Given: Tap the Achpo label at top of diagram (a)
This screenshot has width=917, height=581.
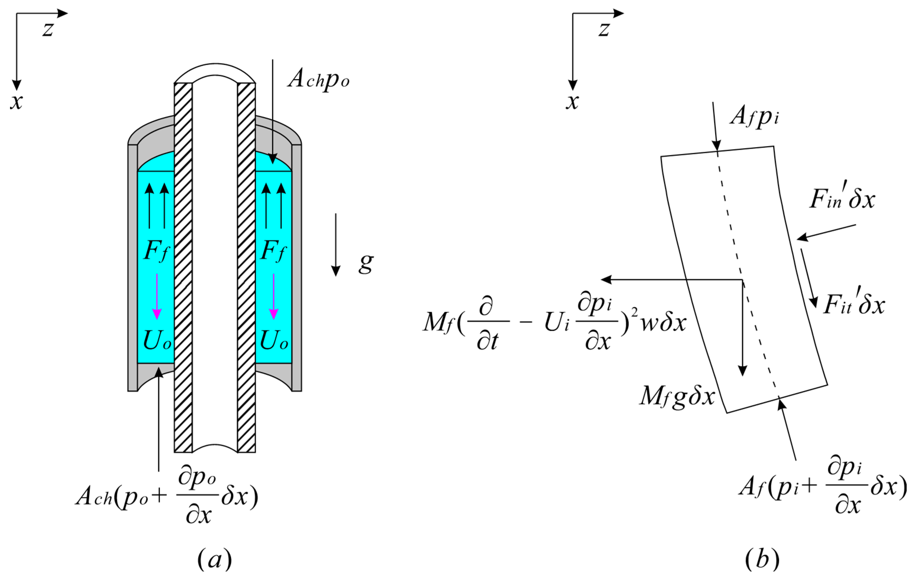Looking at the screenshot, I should click(x=318, y=79).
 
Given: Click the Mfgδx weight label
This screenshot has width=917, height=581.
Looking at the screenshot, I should click(x=677, y=396).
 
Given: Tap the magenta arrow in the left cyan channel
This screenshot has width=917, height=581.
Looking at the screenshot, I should click(x=157, y=297).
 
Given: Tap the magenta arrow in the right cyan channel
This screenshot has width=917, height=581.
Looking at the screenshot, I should click(x=273, y=297).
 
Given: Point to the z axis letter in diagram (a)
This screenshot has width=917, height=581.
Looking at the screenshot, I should click(x=48, y=29).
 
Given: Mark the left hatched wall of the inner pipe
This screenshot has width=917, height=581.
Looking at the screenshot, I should click(x=183, y=267).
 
